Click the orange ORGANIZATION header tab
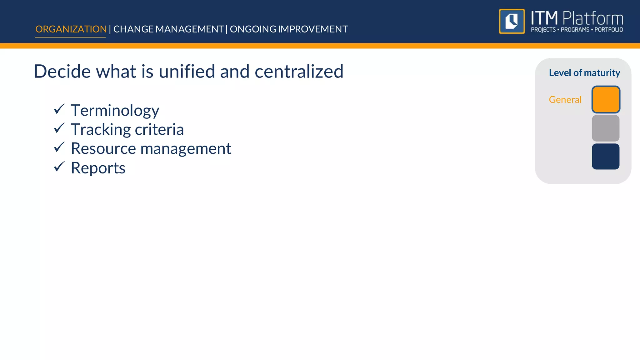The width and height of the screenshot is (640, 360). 71,29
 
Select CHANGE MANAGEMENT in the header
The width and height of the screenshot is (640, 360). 168,29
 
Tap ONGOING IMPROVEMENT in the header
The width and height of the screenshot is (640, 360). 289,29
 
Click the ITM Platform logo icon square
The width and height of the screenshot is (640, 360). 512,21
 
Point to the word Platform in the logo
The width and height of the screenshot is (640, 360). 593,18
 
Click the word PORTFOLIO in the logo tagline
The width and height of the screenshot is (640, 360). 609,30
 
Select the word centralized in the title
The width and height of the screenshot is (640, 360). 299,71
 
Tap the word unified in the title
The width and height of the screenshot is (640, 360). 187,71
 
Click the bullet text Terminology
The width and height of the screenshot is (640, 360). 115,110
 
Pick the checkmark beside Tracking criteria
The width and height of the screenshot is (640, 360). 59,128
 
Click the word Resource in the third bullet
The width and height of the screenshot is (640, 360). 103,148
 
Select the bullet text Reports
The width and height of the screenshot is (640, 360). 98,168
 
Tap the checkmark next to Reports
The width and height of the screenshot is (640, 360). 59,167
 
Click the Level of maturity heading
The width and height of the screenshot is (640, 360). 584,73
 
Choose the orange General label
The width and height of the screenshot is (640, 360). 565,100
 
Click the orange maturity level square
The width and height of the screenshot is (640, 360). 606,99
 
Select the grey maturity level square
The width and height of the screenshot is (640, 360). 606,128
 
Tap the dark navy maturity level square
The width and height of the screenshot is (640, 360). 606,157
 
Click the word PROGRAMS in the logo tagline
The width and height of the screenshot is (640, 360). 575,30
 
